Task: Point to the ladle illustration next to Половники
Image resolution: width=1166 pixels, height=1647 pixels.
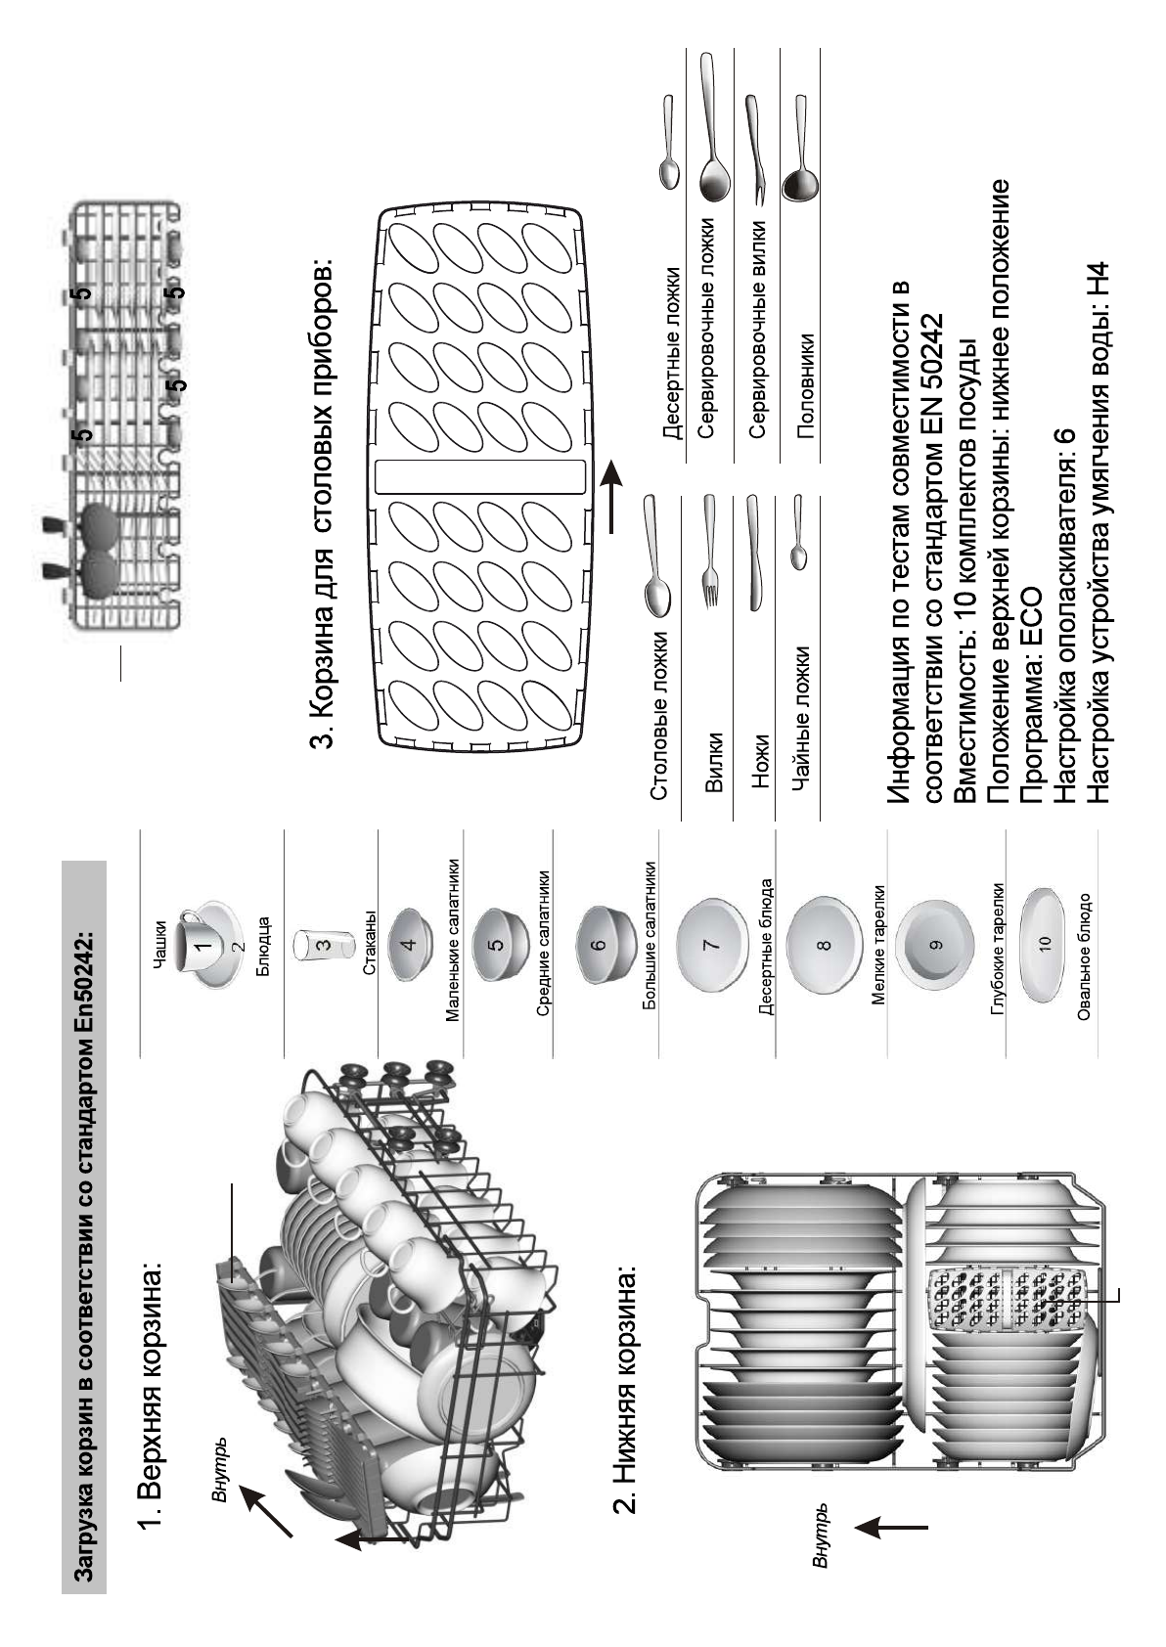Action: tap(800, 147)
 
